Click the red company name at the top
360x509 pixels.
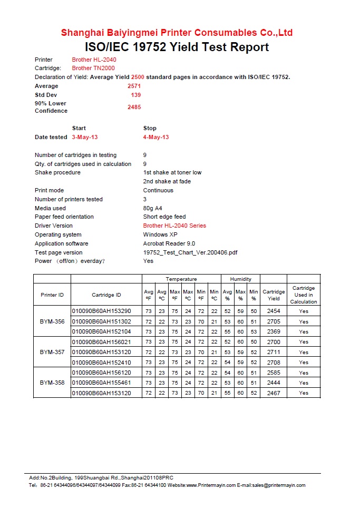(x=177, y=33)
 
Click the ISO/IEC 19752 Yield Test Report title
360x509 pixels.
(x=177, y=47)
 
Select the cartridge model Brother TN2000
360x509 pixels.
(x=93, y=68)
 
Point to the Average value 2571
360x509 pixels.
(x=134, y=86)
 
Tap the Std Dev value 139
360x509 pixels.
(x=135, y=95)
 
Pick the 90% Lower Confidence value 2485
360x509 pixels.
(x=134, y=107)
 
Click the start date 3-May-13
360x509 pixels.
(x=85, y=137)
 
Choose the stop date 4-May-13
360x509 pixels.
(x=156, y=137)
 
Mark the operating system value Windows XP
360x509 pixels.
(x=163, y=234)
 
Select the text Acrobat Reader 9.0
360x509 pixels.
(x=169, y=243)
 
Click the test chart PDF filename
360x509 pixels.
(x=190, y=252)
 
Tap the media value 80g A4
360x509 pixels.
(x=152, y=208)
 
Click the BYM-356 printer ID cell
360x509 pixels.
(x=52, y=321)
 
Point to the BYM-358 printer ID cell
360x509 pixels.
(x=52, y=383)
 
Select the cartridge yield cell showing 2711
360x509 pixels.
(x=274, y=352)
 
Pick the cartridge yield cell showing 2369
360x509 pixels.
(x=274, y=331)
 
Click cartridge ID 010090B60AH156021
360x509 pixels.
(x=101, y=342)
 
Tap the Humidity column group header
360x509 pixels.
(x=240, y=279)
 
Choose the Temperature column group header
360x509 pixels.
(x=181, y=279)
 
